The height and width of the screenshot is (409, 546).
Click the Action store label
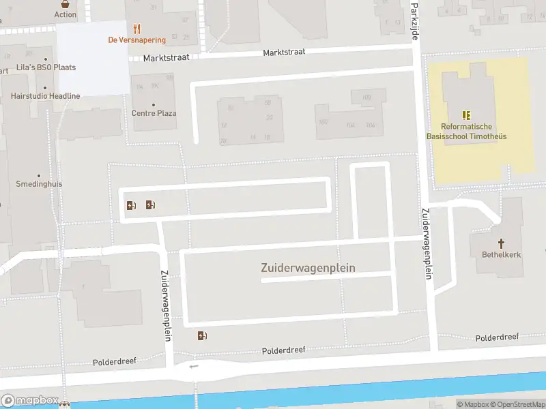pyautogui.click(x=66, y=14)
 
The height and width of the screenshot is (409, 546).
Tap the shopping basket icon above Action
pyautogui.click(x=66, y=3)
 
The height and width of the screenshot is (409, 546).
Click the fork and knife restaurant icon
pyautogui.click(x=136, y=29)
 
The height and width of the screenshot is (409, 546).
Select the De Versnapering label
pyautogui.click(x=136, y=40)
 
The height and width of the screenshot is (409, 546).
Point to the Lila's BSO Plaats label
pyautogui.click(x=46, y=67)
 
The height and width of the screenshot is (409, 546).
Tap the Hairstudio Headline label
pyautogui.click(x=45, y=96)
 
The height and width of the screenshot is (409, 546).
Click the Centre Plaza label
pyautogui.click(x=154, y=113)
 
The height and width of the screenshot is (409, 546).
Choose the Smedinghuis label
pyautogui.click(x=38, y=184)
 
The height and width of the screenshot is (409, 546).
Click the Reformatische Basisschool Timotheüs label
pyautogui.click(x=468, y=131)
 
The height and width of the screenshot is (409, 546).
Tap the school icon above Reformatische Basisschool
pyautogui.click(x=467, y=115)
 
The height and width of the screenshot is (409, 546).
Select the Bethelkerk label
pyautogui.click(x=502, y=254)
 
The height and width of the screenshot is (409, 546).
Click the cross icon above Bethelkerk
pyautogui.click(x=502, y=243)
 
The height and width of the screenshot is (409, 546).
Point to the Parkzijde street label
pyautogui.click(x=415, y=20)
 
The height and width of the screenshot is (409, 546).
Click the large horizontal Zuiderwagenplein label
pyautogui.click(x=308, y=268)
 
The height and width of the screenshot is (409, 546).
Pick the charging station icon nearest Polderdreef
pyautogui.click(x=202, y=335)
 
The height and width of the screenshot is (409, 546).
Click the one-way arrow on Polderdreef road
pyautogui.click(x=195, y=366)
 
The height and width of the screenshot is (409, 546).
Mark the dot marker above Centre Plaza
pyautogui.click(x=154, y=104)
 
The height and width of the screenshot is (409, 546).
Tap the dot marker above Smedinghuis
pyautogui.click(x=38, y=175)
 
